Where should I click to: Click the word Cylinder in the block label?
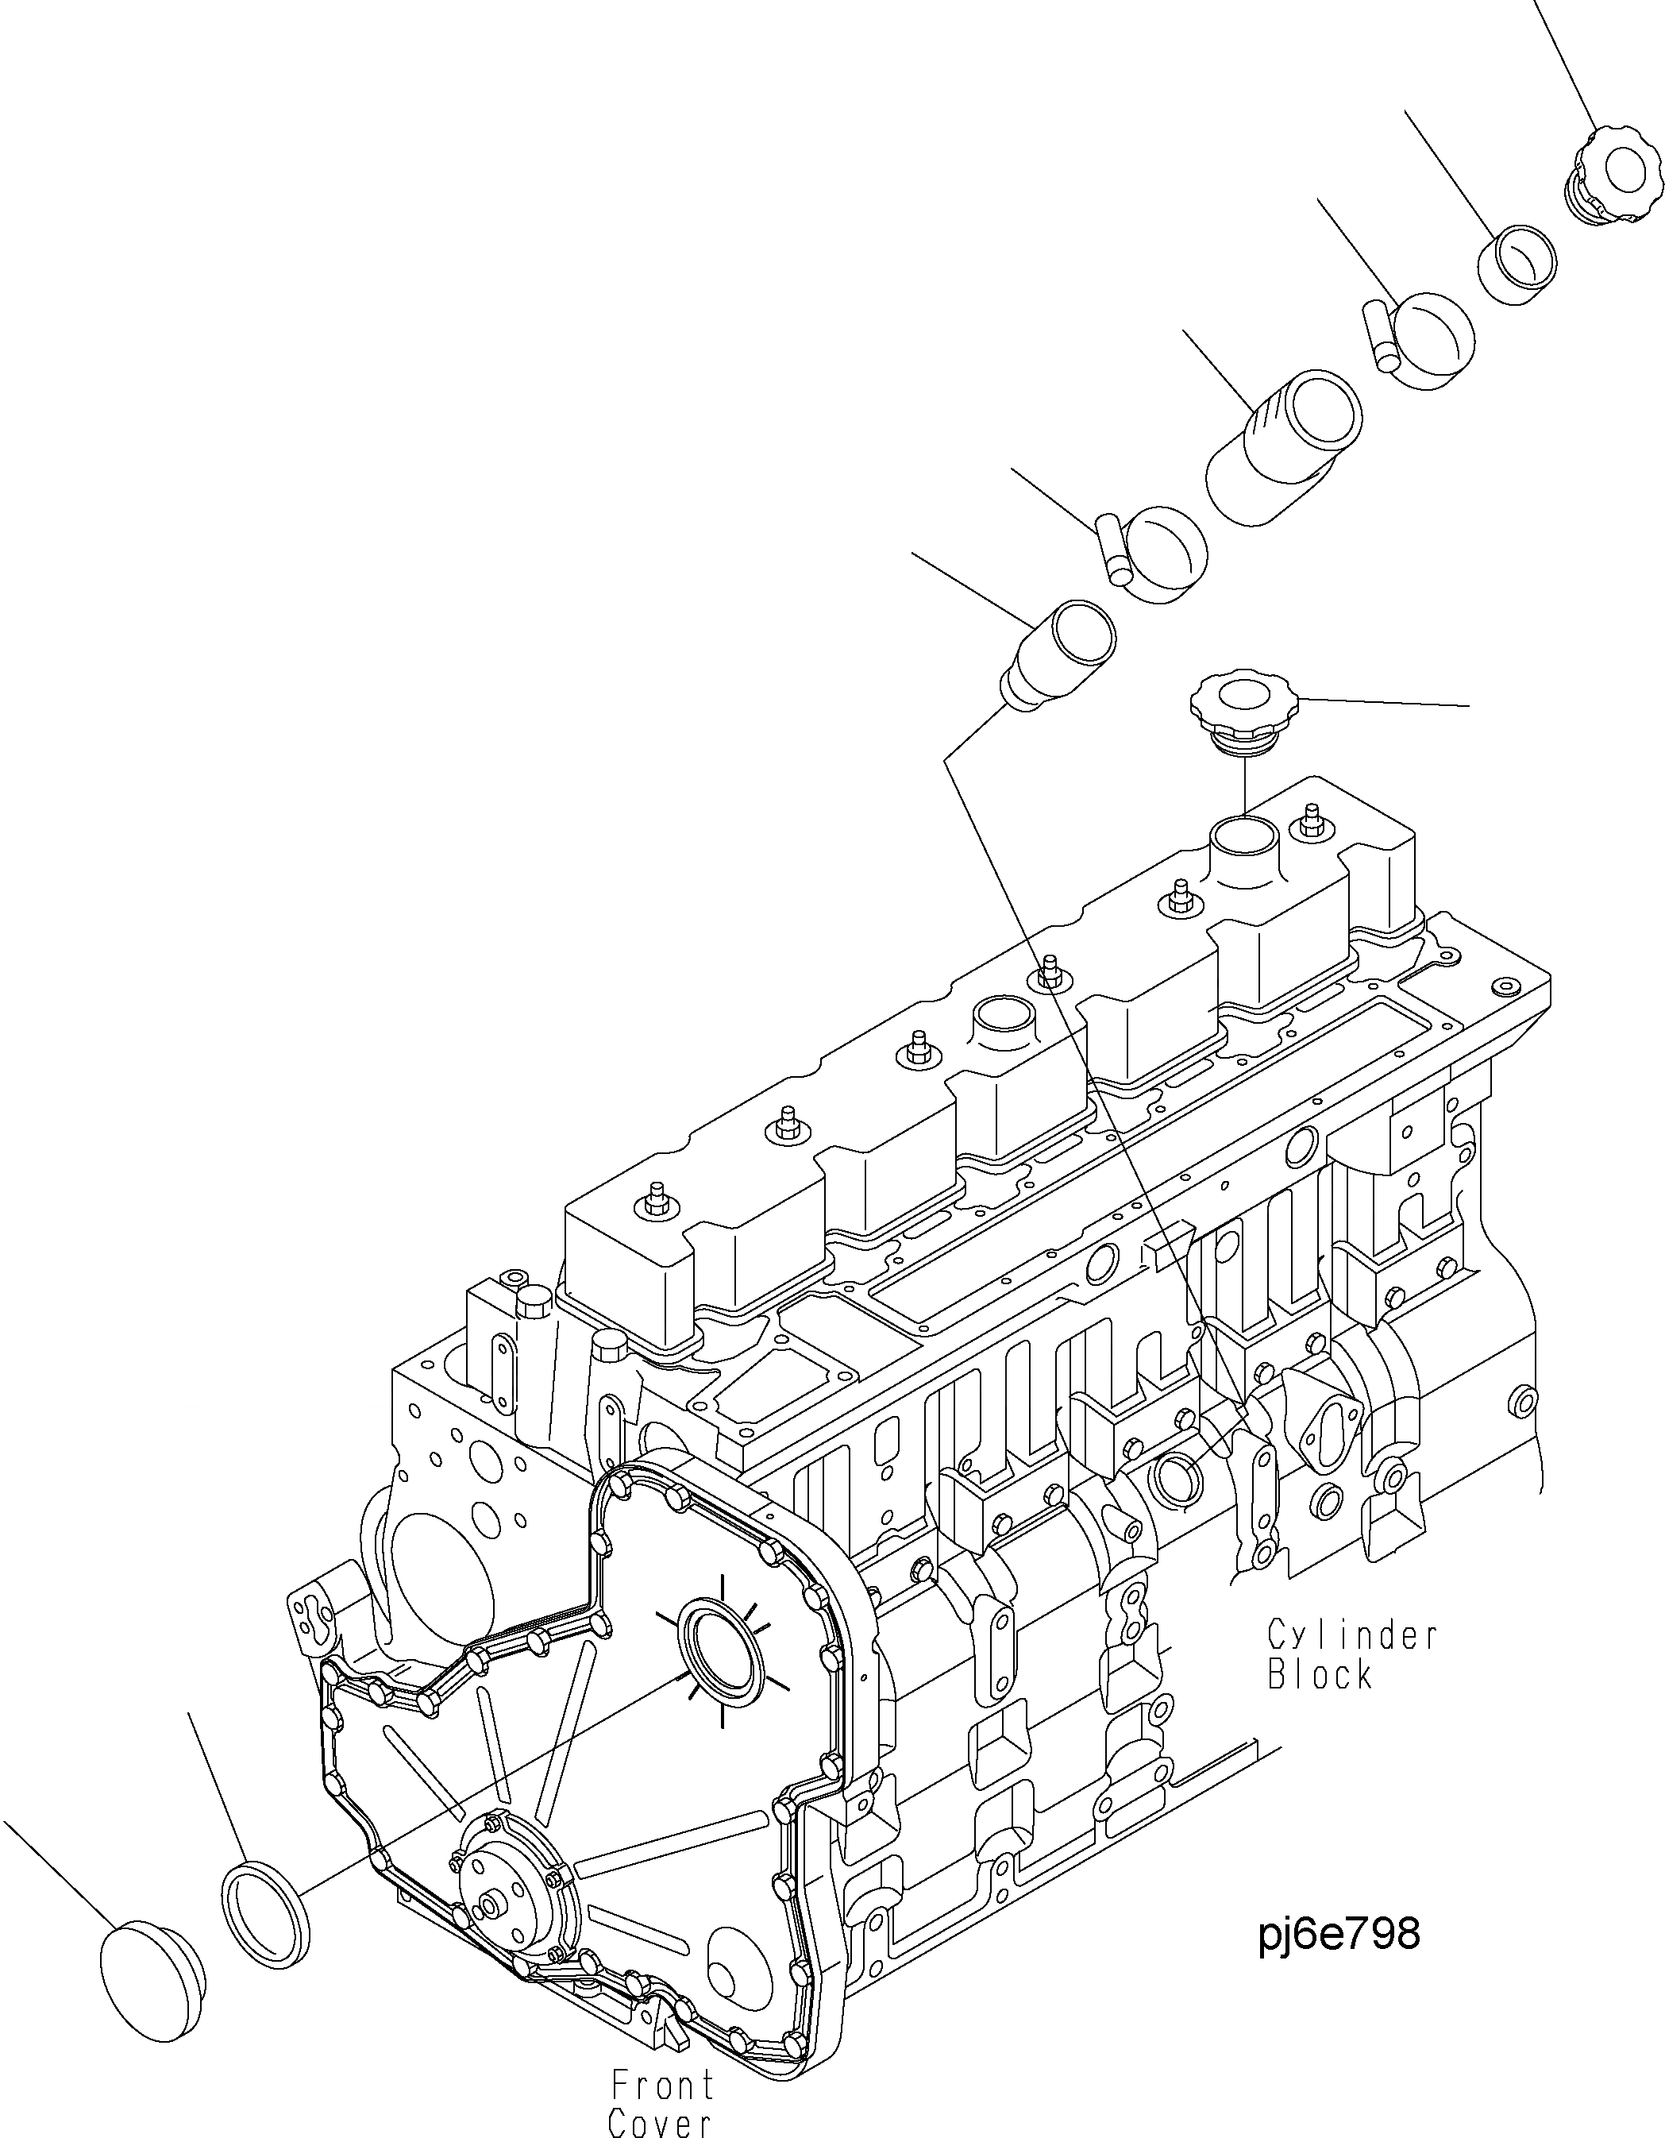point(1352,1634)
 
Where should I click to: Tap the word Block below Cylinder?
point(1320,1675)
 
